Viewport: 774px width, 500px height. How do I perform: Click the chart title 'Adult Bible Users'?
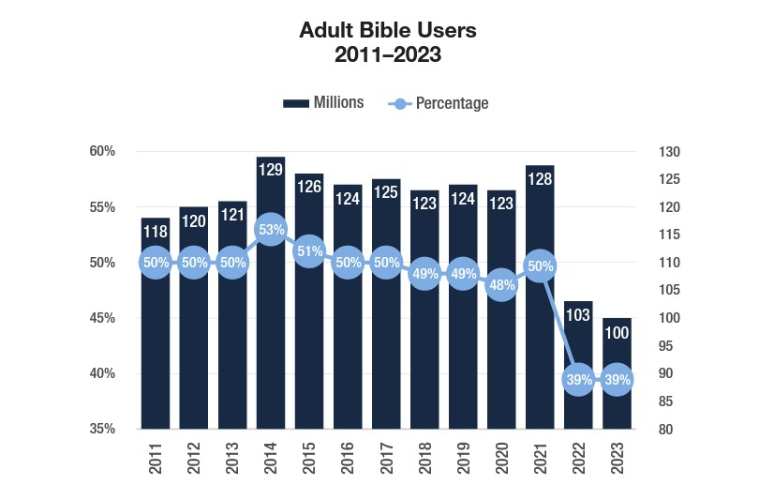[387, 30]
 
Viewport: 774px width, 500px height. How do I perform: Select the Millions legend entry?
[324, 103]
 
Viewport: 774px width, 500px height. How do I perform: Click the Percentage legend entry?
[439, 103]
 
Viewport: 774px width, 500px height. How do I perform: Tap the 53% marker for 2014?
[271, 230]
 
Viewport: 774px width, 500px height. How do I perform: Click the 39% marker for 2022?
[578, 380]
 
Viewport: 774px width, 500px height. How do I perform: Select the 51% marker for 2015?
[309, 251]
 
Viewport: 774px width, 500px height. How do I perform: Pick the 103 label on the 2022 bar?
[578, 315]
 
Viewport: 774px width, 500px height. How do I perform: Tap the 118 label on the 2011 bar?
[156, 232]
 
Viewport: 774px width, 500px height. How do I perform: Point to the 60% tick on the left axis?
[102, 151]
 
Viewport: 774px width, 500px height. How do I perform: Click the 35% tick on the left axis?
[102, 429]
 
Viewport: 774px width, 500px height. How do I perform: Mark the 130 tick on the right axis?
[656, 151]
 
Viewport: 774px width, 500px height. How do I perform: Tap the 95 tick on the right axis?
[653, 346]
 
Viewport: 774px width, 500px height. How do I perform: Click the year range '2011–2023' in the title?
[387, 54]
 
